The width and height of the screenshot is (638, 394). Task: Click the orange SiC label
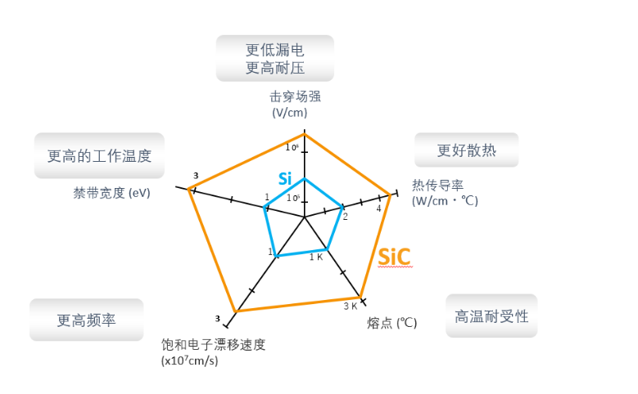[x=394, y=258]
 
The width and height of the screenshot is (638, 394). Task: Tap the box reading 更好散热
[x=466, y=150]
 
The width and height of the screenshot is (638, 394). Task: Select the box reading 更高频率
[x=86, y=320]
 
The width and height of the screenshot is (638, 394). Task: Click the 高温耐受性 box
[x=491, y=316]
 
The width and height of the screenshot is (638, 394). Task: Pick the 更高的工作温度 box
[x=99, y=155]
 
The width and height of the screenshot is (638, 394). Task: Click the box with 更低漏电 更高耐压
[x=274, y=59]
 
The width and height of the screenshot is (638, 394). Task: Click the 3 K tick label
[x=350, y=307]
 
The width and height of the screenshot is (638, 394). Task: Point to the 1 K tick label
[x=315, y=257]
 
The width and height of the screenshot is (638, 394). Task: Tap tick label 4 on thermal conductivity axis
[x=378, y=208]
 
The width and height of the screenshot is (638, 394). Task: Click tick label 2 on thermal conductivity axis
[x=345, y=217]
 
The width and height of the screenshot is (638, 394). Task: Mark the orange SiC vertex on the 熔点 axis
[x=360, y=297]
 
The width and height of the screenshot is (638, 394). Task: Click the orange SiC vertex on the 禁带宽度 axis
[x=189, y=190]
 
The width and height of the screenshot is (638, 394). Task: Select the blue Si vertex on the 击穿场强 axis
[x=304, y=178]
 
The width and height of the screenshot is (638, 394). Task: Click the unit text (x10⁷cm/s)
[x=190, y=360]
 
